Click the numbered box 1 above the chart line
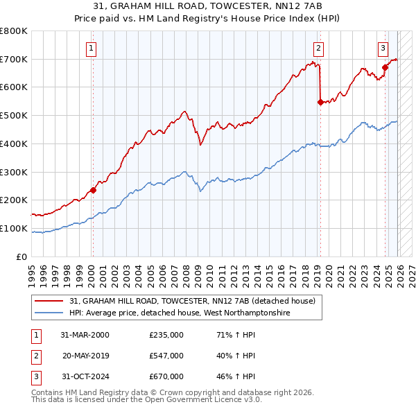[92, 48]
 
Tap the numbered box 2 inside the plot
[318, 48]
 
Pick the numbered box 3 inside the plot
[383, 48]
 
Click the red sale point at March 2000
[93, 190]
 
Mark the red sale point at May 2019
[320, 102]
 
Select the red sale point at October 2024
[385, 67]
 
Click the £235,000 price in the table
[166, 334]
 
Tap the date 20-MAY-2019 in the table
[85, 356]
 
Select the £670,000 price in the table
[166, 376]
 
